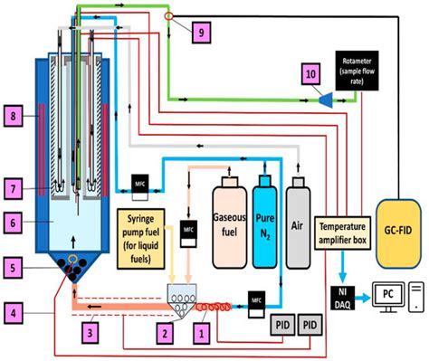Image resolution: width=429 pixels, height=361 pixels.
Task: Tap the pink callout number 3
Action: pyautogui.click(x=91, y=335)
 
